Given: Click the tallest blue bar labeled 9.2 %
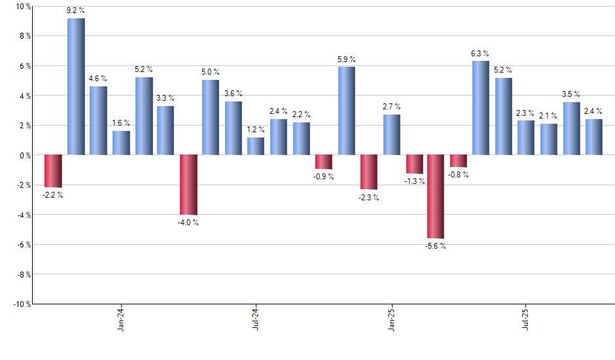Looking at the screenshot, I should (76, 86).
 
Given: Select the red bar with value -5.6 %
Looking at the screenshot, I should (436, 196).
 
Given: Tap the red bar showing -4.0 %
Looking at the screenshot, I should (188, 185).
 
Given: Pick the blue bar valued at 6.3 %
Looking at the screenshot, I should (481, 108).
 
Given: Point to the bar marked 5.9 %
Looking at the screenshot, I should (347, 111).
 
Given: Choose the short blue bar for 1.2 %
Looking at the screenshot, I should (256, 146).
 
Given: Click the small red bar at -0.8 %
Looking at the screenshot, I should (459, 161).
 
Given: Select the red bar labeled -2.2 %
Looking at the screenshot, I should (53, 171).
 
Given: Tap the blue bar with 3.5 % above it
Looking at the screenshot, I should (571, 128).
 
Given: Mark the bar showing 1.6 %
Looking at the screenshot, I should (121, 143).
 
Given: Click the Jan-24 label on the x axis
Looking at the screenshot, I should (121, 320).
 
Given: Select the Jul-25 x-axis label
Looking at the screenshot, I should (526, 320).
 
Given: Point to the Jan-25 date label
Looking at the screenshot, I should (391, 320).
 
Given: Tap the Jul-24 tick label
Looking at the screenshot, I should (256, 320).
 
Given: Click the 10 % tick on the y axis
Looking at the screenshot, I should (23, 7).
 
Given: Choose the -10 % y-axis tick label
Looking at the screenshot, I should (21, 304).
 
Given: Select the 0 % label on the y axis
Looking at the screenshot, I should (24, 155).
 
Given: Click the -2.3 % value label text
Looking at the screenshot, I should (368, 198).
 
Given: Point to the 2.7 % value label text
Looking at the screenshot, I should (392, 107).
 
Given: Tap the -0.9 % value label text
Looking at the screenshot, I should (323, 177).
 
